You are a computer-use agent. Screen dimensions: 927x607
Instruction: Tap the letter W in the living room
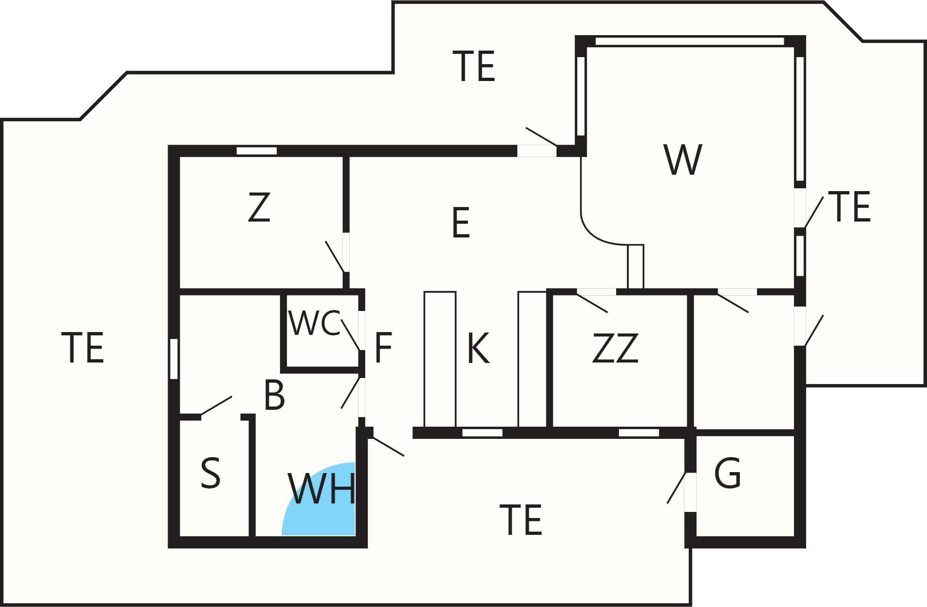click(683, 160)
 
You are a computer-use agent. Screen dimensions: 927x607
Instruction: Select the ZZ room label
click(615, 348)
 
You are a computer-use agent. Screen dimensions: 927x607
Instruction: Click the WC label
click(315, 323)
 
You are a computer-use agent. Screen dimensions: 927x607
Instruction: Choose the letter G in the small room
click(728, 473)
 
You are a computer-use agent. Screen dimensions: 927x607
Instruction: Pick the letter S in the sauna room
click(210, 474)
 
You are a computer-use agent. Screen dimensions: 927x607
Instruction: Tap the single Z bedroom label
click(259, 207)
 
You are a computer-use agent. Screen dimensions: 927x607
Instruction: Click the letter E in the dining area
click(461, 223)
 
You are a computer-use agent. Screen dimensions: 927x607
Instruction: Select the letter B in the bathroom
click(274, 395)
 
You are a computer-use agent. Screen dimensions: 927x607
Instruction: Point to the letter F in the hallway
click(383, 348)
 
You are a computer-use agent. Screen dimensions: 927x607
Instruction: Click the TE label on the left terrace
click(82, 348)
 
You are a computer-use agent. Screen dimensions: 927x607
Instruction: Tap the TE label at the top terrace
click(474, 66)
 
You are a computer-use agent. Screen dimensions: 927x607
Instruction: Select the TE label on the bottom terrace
click(521, 519)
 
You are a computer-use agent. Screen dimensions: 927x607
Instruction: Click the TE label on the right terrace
click(849, 207)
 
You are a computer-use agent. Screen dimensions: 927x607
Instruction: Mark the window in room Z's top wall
click(257, 151)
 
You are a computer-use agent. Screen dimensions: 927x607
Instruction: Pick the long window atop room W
click(690, 41)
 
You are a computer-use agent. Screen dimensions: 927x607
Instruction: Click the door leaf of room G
click(677, 488)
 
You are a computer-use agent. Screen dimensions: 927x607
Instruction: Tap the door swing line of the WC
click(351, 335)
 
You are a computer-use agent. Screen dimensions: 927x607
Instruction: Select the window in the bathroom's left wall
click(174, 359)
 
